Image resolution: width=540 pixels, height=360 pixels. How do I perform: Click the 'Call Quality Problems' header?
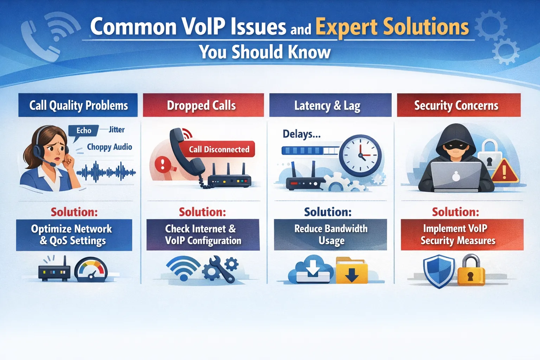tap(78, 105)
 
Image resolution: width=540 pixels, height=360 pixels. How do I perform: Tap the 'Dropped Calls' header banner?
tap(203, 105)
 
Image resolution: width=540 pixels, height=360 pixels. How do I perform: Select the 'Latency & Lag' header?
tap(330, 105)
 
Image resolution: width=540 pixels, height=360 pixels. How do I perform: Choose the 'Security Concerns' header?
tap(458, 105)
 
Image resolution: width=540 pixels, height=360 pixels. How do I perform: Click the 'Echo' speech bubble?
tap(84, 131)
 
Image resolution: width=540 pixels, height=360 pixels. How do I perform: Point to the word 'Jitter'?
tap(116, 130)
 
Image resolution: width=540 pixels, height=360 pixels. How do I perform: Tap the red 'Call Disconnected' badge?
tap(219, 149)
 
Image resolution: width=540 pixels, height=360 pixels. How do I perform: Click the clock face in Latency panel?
tap(360, 155)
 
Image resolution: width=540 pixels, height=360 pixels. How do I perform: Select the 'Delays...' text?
tap(301, 134)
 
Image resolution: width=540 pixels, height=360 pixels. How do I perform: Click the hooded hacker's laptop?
tap(456, 176)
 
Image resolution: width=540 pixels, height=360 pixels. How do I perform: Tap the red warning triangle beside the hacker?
tap(504, 171)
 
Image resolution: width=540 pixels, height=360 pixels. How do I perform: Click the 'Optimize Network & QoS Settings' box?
tap(74, 235)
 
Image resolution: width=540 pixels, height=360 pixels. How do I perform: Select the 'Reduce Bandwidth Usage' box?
tap(330, 235)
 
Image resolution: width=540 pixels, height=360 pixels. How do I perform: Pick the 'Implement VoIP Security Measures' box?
tap(462, 235)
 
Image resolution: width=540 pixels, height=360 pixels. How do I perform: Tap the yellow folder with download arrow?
tap(352, 271)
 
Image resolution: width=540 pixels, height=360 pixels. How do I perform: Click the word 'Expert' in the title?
tap(346, 27)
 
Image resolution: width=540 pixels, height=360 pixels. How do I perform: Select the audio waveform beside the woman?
tap(106, 172)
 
